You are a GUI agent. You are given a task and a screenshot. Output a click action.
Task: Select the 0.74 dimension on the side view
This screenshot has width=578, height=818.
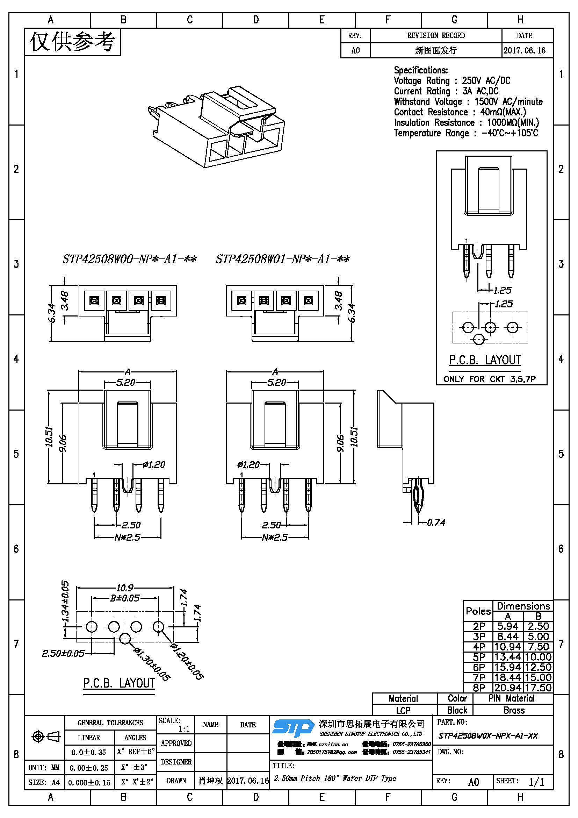pos(436,522)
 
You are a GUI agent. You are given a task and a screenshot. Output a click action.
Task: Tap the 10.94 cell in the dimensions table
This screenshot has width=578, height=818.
pos(507,647)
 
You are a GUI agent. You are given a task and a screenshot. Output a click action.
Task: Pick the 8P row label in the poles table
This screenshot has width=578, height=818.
pos(479,688)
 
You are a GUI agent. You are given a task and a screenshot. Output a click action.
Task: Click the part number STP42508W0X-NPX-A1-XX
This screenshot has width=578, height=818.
pos(487,736)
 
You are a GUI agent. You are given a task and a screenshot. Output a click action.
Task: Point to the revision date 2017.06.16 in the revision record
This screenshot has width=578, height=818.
pos(524,51)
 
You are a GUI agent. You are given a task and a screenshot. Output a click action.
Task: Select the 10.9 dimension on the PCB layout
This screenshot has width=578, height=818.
pos(124,588)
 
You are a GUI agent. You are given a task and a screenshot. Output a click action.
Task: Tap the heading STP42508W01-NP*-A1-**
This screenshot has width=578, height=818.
pos(283,259)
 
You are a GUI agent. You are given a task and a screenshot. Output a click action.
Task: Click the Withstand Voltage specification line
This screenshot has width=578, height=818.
pos(468,102)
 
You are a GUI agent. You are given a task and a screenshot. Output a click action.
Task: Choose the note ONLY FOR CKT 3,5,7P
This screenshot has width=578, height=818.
pos(489,379)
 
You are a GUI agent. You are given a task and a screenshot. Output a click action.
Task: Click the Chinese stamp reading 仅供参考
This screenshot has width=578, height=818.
pos(72,42)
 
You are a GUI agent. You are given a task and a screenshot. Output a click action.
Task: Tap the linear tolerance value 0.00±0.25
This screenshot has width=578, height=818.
pos(89,768)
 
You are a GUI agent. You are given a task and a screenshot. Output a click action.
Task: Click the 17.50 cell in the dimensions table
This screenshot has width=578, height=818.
pos(538,688)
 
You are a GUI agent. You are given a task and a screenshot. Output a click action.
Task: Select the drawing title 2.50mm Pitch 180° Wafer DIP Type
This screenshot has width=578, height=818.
pos(335,778)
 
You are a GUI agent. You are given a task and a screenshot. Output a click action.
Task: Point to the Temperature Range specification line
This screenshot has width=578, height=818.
pos(466,133)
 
